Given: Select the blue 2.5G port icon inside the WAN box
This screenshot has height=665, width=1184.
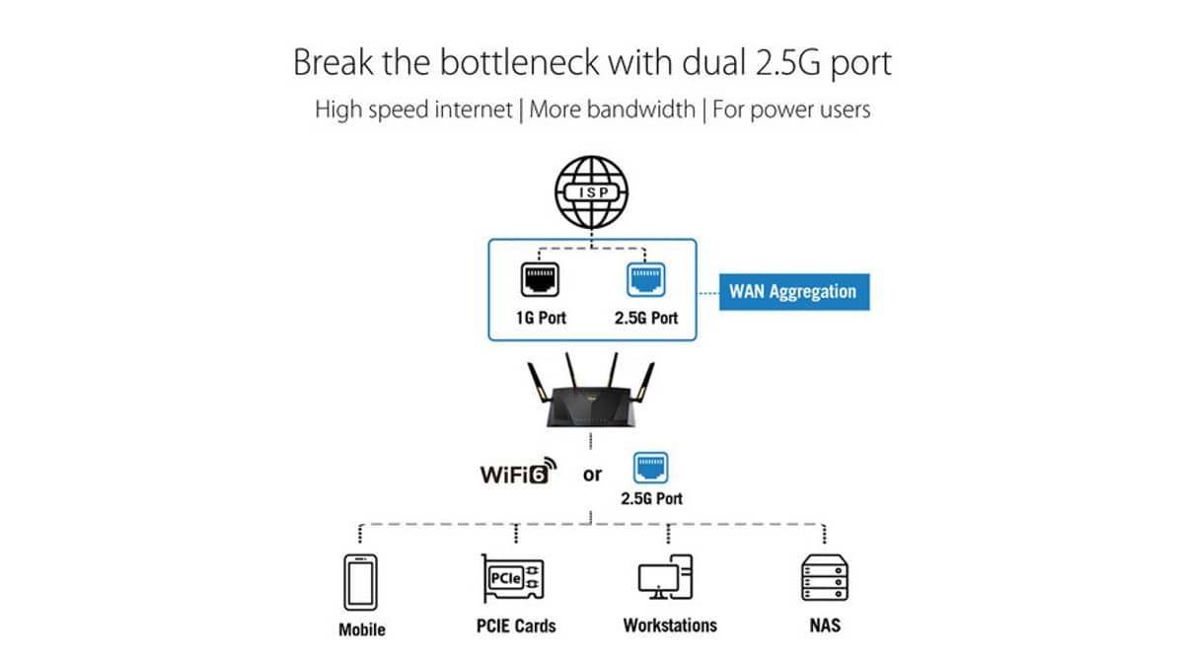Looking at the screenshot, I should pyautogui.click(x=646, y=278).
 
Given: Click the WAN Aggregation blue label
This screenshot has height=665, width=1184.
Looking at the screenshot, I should pyautogui.click(x=792, y=291).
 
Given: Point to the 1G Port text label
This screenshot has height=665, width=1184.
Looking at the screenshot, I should pyautogui.click(x=538, y=319).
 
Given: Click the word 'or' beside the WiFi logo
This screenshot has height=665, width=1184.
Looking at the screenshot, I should pyautogui.click(x=592, y=475).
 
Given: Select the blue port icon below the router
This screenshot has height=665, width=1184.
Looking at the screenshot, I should pyautogui.click(x=651, y=466).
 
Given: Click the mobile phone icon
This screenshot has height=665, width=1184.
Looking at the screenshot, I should pyautogui.click(x=361, y=583).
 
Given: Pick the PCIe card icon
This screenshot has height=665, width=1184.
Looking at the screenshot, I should pyautogui.click(x=515, y=578).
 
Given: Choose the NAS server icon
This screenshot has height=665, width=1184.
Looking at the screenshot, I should pyautogui.click(x=825, y=578).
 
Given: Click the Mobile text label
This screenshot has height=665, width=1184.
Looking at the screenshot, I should pyautogui.click(x=362, y=629).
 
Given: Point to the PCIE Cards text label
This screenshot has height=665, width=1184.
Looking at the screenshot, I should pyautogui.click(x=515, y=626).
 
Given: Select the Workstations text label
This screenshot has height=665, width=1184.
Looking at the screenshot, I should pyautogui.click(x=670, y=626).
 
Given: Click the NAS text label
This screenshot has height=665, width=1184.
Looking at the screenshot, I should pyautogui.click(x=825, y=626).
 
